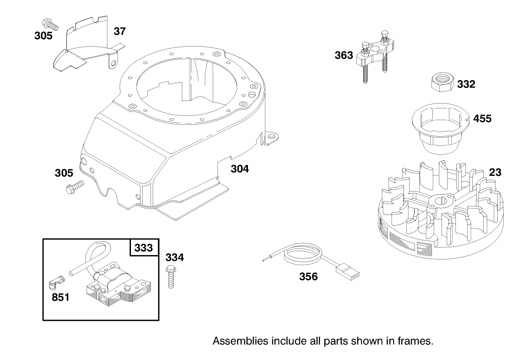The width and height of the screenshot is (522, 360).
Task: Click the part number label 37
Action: pos(120,31)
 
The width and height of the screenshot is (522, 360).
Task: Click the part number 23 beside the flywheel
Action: pos(495,172)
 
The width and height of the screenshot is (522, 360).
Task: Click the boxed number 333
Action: pos(144,248)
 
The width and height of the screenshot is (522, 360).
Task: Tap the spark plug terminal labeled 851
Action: pos(55,283)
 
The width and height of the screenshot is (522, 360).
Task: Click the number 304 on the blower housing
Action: pos(240,168)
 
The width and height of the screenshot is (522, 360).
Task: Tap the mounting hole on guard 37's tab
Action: pos(114,64)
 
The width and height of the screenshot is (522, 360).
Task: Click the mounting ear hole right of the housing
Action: pos(272,137)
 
